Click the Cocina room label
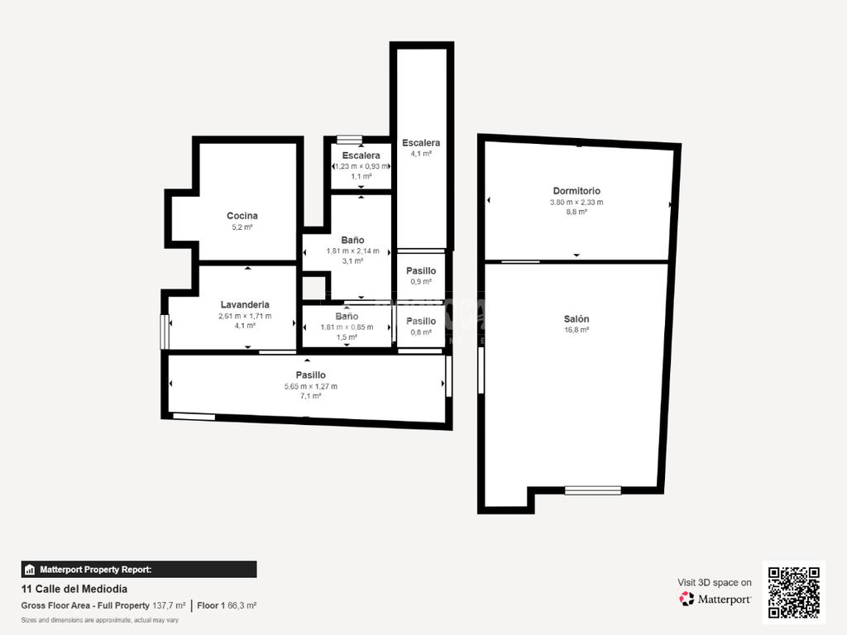242,216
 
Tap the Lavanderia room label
245,304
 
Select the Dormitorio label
577,191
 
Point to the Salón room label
577,319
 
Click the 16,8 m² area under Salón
577,330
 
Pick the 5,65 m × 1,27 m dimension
311,386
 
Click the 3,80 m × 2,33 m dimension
577,202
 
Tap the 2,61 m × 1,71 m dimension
245,316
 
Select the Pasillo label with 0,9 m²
421,271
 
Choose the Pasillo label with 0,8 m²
421,322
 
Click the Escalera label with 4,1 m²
421,143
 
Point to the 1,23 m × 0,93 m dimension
361,166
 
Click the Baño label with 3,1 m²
352,241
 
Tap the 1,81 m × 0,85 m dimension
347,327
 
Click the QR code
794,592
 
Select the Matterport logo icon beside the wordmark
687,599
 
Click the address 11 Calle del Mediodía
74,589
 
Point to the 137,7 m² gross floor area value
169,606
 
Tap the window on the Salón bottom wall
592,490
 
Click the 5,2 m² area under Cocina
242,227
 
